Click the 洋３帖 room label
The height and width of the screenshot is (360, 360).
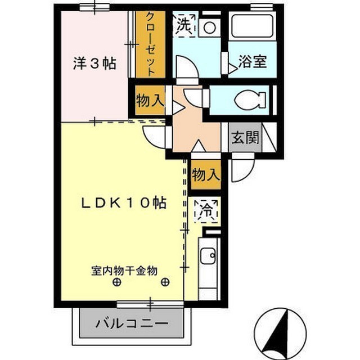coord(94,64)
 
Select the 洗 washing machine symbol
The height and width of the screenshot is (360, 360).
coord(184,25)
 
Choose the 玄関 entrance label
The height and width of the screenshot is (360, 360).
coord(245,137)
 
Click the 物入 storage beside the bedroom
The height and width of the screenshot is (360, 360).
coord(149,101)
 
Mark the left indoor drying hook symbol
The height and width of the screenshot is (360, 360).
coord(116,282)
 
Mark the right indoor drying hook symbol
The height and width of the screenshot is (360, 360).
coord(164,282)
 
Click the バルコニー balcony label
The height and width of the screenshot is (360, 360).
coord(132,324)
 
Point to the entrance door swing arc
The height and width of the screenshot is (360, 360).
coord(243,170)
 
